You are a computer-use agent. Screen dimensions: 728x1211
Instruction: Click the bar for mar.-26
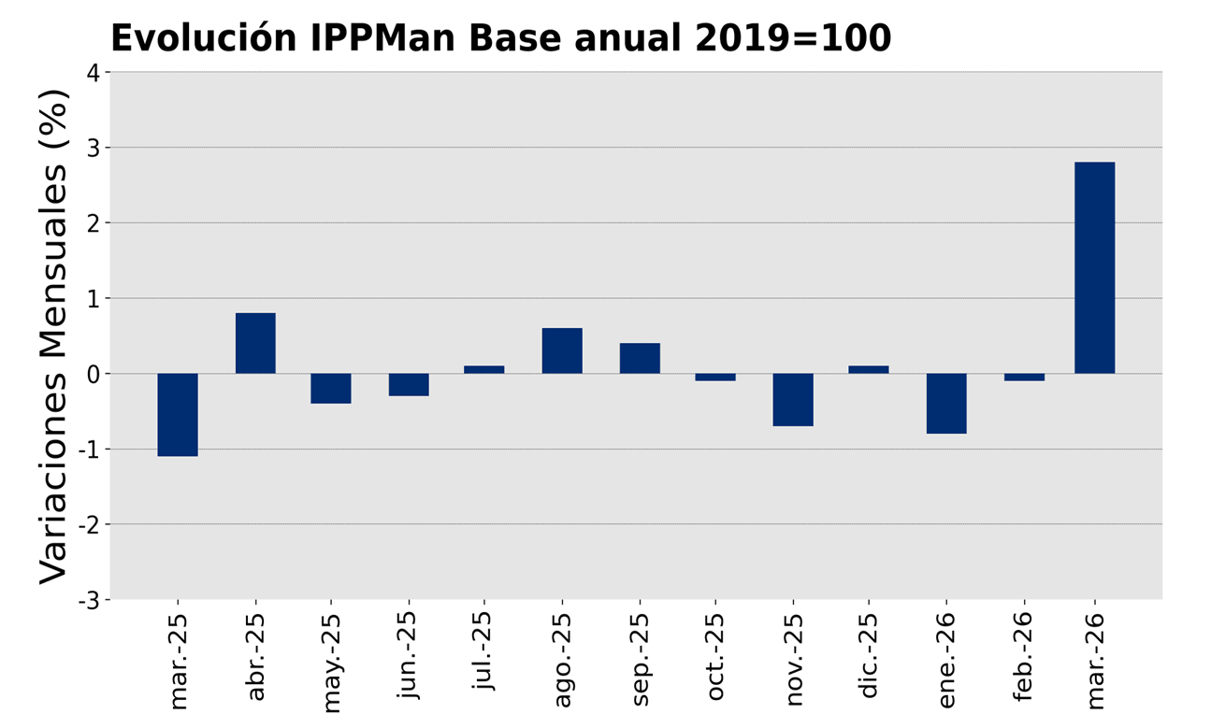(x=1094, y=268)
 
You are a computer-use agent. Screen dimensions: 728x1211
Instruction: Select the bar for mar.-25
(x=178, y=415)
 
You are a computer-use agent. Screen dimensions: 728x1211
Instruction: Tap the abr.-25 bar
(x=255, y=343)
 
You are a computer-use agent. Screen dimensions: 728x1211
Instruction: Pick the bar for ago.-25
(x=562, y=350)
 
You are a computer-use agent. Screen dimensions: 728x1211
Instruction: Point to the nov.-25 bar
(x=793, y=400)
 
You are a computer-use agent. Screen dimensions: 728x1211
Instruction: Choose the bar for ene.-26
(x=946, y=404)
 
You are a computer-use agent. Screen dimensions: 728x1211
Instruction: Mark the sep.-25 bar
(x=640, y=358)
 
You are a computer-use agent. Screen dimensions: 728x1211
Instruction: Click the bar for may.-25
(x=331, y=389)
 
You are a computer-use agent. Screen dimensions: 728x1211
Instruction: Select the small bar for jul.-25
(x=484, y=369)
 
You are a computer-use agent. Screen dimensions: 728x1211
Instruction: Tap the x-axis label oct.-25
(x=715, y=658)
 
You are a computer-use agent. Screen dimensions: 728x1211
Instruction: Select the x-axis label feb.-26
(x=1022, y=658)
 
